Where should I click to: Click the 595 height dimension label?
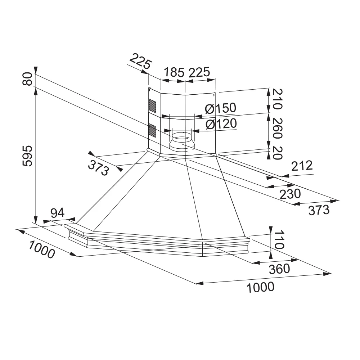click(x=28, y=156)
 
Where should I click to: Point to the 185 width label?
click(x=174, y=72)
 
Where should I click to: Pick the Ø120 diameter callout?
click(x=221, y=124)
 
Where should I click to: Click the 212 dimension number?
click(x=301, y=166)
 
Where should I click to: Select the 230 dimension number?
click(x=290, y=194)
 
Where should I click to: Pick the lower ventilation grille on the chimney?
click(x=153, y=130)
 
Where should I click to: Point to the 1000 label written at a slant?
click(x=41, y=249)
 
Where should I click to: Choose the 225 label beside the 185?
click(x=199, y=72)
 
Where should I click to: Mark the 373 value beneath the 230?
click(x=319, y=210)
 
